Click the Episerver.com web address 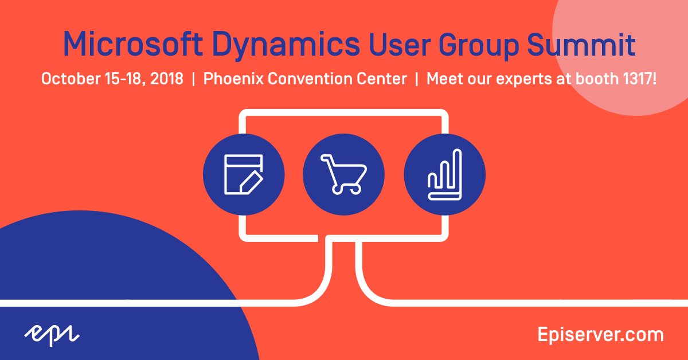click(600, 334)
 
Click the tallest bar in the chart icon click(458, 172)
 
